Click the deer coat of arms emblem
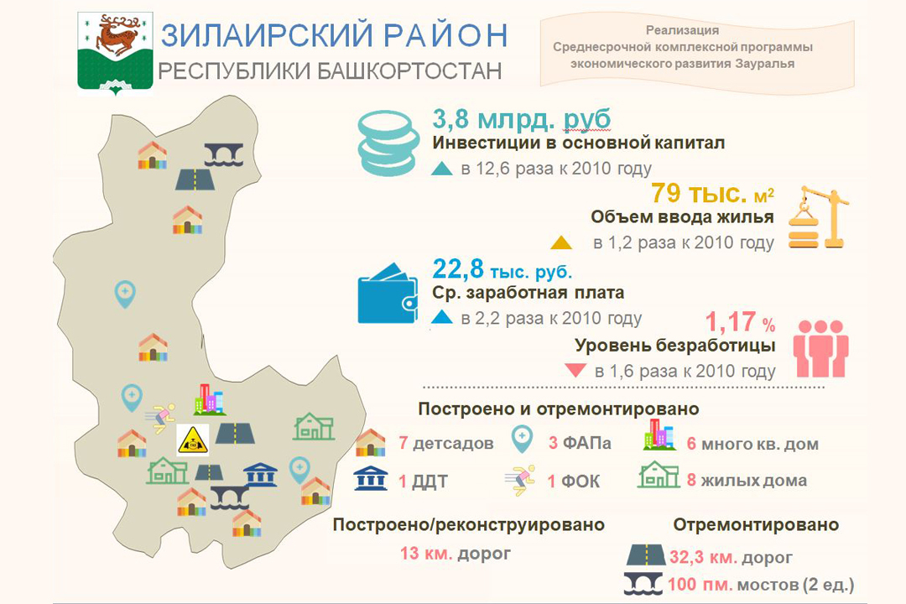(x=115, y=53)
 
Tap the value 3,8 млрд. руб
(x=521, y=119)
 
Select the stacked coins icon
(x=388, y=143)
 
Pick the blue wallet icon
(x=387, y=294)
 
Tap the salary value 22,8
(x=458, y=268)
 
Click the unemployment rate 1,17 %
(x=740, y=322)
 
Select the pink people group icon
(x=820, y=348)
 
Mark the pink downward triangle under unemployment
(x=575, y=369)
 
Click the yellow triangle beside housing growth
(x=561, y=242)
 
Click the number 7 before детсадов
(x=404, y=443)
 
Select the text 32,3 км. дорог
(x=731, y=557)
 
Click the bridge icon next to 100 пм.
(x=643, y=584)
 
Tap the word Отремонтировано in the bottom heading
(x=756, y=525)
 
